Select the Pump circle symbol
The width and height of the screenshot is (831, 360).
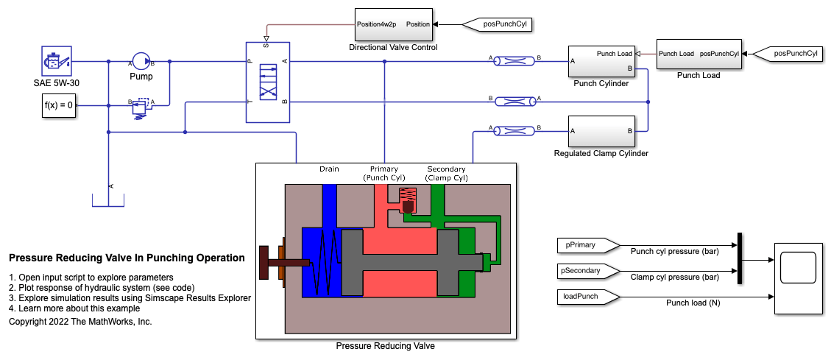point(141,62)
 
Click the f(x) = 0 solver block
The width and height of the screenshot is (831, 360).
point(58,105)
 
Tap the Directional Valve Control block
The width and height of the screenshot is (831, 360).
point(393,24)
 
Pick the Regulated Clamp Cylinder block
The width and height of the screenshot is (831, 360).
point(601,131)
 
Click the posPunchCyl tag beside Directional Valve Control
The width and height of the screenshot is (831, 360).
point(495,24)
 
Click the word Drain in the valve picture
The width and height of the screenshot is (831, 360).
point(329,169)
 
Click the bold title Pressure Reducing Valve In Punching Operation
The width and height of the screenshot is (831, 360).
point(127,258)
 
